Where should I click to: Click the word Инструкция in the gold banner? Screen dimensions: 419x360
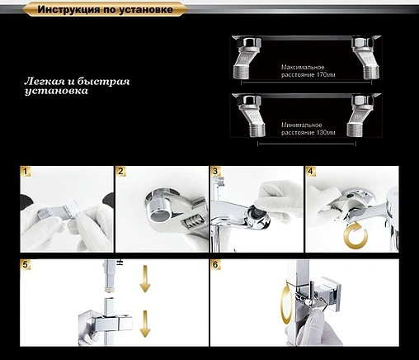[x=68, y=10]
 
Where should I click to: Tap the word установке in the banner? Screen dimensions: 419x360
[x=146, y=10]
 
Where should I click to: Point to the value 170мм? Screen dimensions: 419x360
[x=326, y=75]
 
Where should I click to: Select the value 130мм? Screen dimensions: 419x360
[x=326, y=133]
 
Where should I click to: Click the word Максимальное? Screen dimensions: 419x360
[x=303, y=68]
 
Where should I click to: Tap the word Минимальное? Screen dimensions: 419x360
[x=301, y=126]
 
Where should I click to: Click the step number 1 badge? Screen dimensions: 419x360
[x=26, y=172]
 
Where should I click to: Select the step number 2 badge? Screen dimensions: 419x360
[x=120, y=172]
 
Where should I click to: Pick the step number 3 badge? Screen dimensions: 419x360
[x=215, y=172]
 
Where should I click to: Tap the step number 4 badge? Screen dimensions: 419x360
[x=310, y=172]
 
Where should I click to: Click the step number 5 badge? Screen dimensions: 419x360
[x=26, y=264]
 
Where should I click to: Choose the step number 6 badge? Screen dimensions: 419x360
[x=215, y=264]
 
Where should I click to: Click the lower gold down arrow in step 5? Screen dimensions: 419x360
[x=145, y=324]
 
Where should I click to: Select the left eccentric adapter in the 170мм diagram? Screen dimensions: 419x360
[x=247, y=57]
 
